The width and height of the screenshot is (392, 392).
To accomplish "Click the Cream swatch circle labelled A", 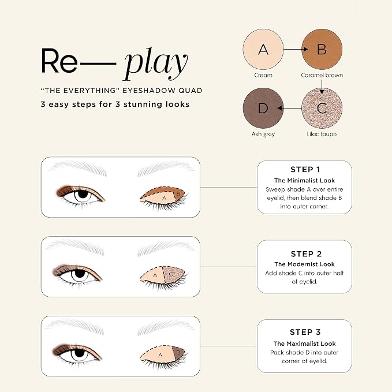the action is click(263, 49).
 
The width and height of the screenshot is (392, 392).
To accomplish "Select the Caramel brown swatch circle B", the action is click(322, 49).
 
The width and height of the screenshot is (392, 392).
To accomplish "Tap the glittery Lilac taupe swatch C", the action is click(322, 109).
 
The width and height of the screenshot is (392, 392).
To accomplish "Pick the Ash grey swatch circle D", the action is click(263, 109).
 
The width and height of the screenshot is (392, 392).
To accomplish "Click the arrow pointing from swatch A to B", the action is click(296, 49).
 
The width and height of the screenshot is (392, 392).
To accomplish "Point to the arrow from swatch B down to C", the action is click(322, 87).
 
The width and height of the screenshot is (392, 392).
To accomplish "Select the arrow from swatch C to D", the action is click(289, 109).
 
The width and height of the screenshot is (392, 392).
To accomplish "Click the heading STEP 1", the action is click(305, 170).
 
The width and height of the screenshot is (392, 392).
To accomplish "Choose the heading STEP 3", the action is click(305, 333).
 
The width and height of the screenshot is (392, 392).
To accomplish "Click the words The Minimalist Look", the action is click(304, 181).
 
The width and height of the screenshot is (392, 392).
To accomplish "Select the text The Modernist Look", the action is click(304, 264).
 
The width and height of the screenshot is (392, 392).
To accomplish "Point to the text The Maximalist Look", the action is click(304, 344).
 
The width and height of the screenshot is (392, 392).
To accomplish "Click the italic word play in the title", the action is click(155, 64).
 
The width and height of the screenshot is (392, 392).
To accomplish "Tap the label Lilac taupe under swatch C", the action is click(322, 135).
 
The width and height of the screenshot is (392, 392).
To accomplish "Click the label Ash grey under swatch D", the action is click(263, 135).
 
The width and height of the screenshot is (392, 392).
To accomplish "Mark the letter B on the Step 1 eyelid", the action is click(178, 194).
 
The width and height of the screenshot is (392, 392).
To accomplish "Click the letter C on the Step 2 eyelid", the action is click(171, 274).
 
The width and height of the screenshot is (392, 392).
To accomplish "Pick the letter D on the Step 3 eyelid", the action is click(178, 353).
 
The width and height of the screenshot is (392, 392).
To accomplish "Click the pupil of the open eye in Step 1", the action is click(83, 194).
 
